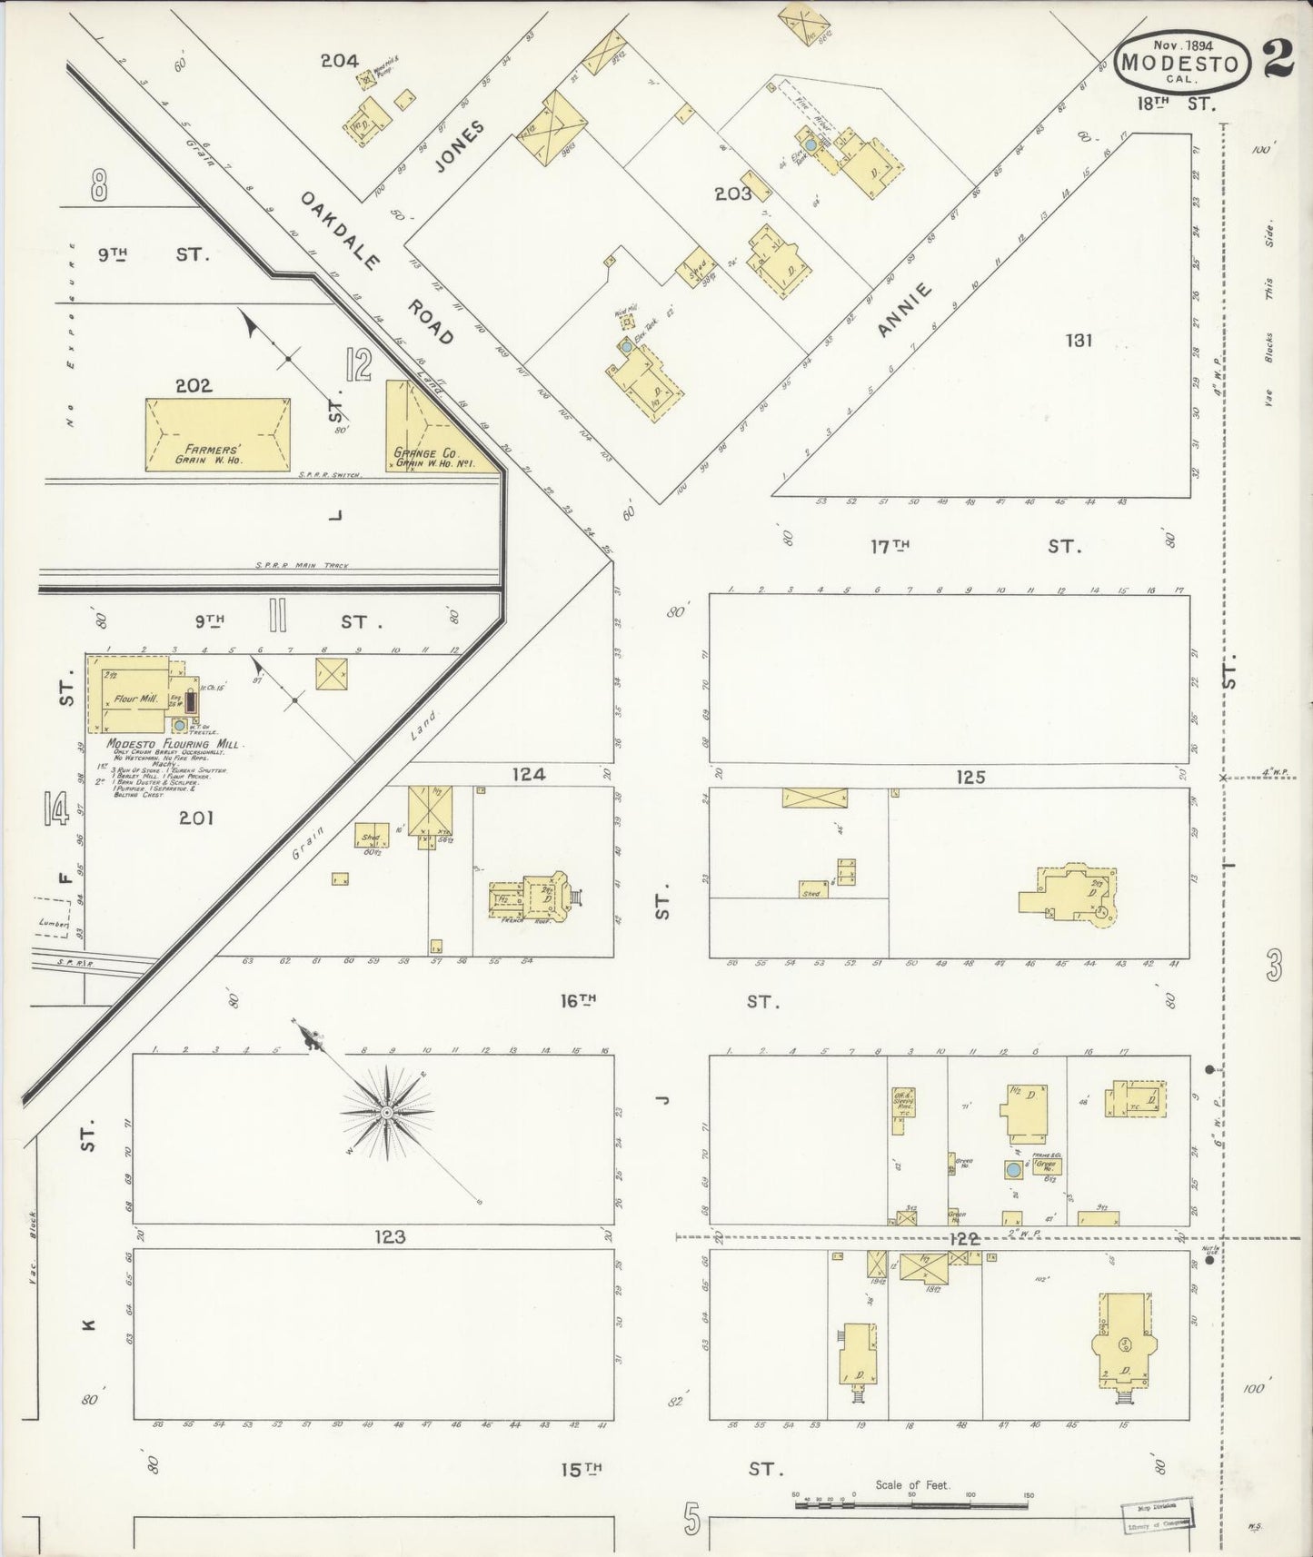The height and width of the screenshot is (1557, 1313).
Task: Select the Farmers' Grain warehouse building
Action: (x=217, y=434)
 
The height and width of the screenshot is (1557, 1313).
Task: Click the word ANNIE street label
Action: (x=905, y=311)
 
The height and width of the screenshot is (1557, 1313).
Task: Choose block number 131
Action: (x=1079, y=341)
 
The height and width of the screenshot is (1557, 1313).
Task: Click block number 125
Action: (x=970, y=777)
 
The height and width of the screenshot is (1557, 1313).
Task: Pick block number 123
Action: (x=388, y=1236)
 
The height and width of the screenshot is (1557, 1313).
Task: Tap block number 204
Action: (x=338, y=61)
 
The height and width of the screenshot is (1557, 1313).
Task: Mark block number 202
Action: (x=194, y=385)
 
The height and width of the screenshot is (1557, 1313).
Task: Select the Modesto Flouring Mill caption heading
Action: (x=172, y=744)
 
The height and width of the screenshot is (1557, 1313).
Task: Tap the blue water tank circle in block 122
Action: (x=1011, y=1168)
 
